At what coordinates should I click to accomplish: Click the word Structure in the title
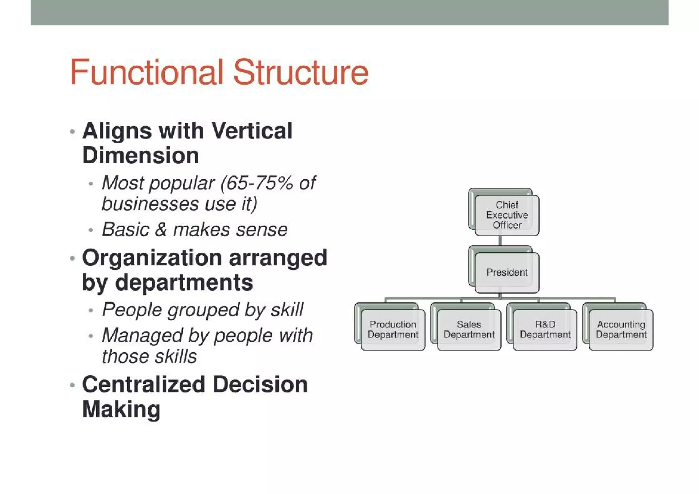[301, 72]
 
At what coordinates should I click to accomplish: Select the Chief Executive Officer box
[507, 215]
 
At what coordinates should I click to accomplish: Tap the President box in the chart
[507, 272]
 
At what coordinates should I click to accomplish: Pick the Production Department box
[393, 329]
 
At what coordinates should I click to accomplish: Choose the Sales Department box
[469, 329]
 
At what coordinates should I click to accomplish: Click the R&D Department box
[545, 329]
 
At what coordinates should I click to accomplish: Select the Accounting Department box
[621, 329]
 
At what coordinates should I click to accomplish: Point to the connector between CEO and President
[500, 241]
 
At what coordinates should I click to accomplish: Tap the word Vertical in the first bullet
[252, 131]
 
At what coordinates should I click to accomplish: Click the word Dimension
[141, 156]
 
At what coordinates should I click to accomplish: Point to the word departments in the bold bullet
[184, 283]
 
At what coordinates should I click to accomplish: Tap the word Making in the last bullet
[121, 409]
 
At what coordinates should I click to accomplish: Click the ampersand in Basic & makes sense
[161, 229]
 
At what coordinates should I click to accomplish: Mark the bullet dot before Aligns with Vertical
[72, 132]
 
